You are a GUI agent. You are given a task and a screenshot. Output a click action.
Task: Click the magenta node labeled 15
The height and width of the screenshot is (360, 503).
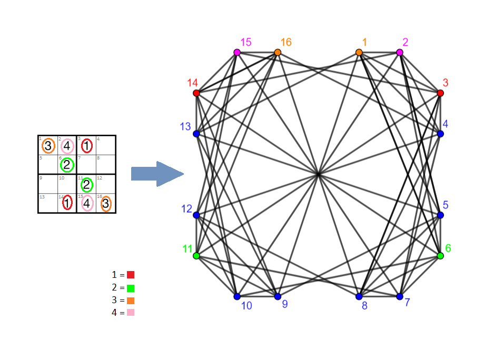237,52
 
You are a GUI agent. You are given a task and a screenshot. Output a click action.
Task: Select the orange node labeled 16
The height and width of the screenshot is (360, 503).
278,52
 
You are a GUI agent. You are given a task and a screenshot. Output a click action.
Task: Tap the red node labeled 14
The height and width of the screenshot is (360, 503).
196,93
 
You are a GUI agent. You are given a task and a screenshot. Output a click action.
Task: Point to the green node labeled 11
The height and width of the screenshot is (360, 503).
196,256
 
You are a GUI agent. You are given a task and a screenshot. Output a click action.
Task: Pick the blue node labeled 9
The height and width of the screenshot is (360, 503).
278,296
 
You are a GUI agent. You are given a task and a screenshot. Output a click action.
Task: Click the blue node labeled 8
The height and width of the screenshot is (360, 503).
359,296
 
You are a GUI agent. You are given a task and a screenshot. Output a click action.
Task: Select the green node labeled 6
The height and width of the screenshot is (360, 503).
440,256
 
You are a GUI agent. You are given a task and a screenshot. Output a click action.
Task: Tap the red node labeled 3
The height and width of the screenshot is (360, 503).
440,93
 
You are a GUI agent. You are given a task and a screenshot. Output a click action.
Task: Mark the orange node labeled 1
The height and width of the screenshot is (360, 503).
359,52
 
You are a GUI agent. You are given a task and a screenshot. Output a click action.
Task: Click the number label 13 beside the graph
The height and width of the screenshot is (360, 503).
185,126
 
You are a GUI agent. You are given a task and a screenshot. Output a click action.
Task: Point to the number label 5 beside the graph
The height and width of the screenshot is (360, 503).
446,205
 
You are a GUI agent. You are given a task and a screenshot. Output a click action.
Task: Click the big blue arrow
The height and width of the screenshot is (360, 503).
157,174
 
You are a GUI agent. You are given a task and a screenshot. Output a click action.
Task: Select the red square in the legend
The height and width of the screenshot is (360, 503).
131,275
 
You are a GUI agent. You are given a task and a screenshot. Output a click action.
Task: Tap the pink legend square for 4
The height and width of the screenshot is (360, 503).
131,313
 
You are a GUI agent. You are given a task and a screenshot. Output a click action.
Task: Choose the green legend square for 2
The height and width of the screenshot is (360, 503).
131,288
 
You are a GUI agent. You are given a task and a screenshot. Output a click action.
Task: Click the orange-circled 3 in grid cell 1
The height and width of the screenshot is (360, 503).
48,145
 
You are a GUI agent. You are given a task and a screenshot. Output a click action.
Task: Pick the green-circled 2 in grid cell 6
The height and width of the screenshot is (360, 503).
67,165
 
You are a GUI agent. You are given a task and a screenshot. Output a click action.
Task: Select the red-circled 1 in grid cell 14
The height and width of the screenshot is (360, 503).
67,203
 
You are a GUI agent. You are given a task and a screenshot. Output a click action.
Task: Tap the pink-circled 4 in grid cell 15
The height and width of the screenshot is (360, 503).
87,203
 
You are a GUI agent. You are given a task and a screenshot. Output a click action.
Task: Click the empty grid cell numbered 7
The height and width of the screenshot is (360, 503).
87,165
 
